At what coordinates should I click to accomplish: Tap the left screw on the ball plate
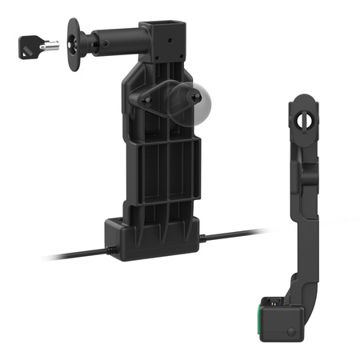(x=147, y=100)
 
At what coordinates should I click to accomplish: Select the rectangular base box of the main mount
(x=152, y=237)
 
